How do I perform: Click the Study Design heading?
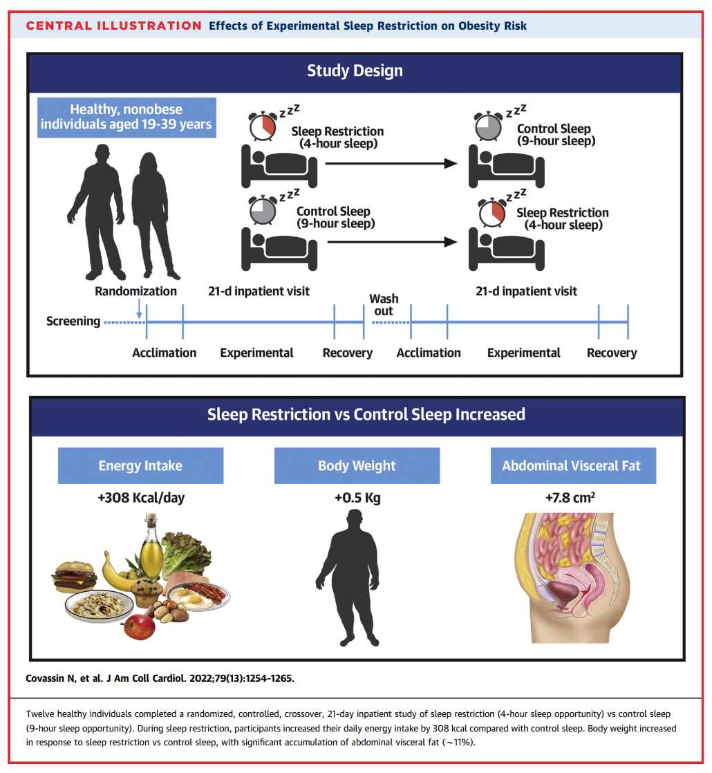[x=355, y=71]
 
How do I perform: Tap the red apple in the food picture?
[x=139, y=626]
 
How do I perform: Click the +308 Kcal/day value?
[x=141, y=498]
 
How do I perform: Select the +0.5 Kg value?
[x=357, y=498]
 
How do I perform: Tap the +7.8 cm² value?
[x=572, y=498]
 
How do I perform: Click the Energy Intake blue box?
[x=140, y=465]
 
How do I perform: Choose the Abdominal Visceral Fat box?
[x=572, y=465]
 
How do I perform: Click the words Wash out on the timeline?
[x=384, y=305]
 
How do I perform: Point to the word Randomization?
[x=135, y=291]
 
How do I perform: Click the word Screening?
[x=73, y=322]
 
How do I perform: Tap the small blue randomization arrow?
[x=140, y=309]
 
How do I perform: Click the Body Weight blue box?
[x=357, y=465]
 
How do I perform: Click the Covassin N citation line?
[x=158, y=678]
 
